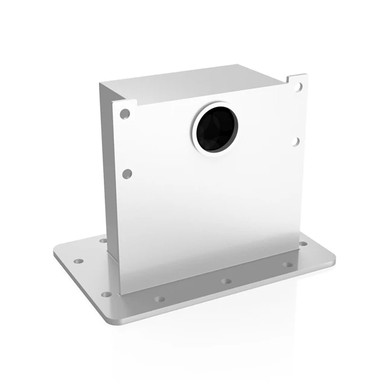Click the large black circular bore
pos(216,127)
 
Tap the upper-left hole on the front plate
pos(125,113)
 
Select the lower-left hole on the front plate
pos(127,174)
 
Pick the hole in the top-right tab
pos(298,87)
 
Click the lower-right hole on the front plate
pos(296,142)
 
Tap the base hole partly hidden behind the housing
pos(103,241)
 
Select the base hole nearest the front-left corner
pos(107,294)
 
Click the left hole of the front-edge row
pos(159,299)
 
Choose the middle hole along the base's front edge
pos(226,281)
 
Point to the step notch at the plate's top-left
pos(134,103)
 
